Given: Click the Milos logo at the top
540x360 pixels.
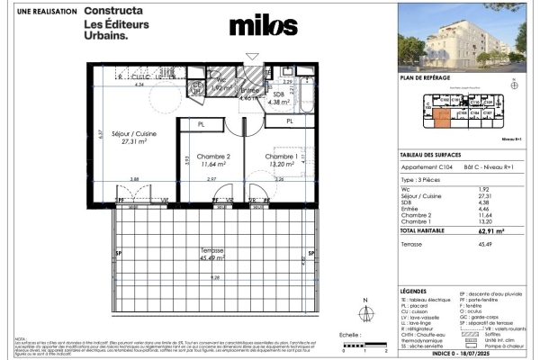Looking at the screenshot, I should [263, 26].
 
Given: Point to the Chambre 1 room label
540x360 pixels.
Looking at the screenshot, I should [281, 158].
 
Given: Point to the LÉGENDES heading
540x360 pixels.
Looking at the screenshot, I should [417, 293].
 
